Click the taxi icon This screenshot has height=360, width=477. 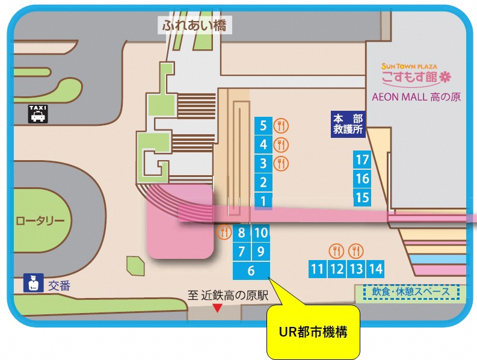coord(38,113)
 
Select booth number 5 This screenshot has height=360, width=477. coord(263,126)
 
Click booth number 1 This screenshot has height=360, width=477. coord(263,200)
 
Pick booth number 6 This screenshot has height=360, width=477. coord(251,271)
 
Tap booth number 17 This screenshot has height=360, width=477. coord(362,160)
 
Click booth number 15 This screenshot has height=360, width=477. coord(362,197)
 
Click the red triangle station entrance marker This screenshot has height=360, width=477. coord(218,308)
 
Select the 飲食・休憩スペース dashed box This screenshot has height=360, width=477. coord(411,293)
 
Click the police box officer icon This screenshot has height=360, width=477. coord(31,284)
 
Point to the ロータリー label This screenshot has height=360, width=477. coord(40,221)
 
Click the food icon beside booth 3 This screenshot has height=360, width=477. coord(281,163)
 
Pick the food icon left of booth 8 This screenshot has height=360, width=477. coord(224,231)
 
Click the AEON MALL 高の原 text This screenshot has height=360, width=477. coord(416,96)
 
